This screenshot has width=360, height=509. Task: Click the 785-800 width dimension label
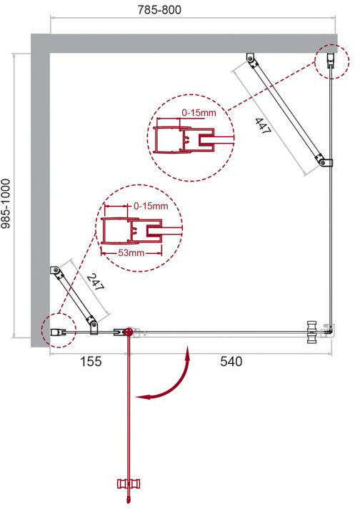(x=159, y=10)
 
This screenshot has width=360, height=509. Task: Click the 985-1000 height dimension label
(x=6, y=204)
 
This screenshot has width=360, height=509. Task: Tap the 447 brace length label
(x=262, y=126)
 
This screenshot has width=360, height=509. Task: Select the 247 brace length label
(x=96, y=282)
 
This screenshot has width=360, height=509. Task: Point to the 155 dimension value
(x=91, y=361)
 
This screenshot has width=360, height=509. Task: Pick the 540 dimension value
(x=231, y=361)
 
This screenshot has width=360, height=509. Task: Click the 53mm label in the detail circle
(x=131, y=252)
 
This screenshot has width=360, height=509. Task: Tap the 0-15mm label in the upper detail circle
(x=199, y=113)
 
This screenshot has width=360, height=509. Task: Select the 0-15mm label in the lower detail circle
(x=151, y=206)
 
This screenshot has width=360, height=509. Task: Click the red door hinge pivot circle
(x=129, y=332)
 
